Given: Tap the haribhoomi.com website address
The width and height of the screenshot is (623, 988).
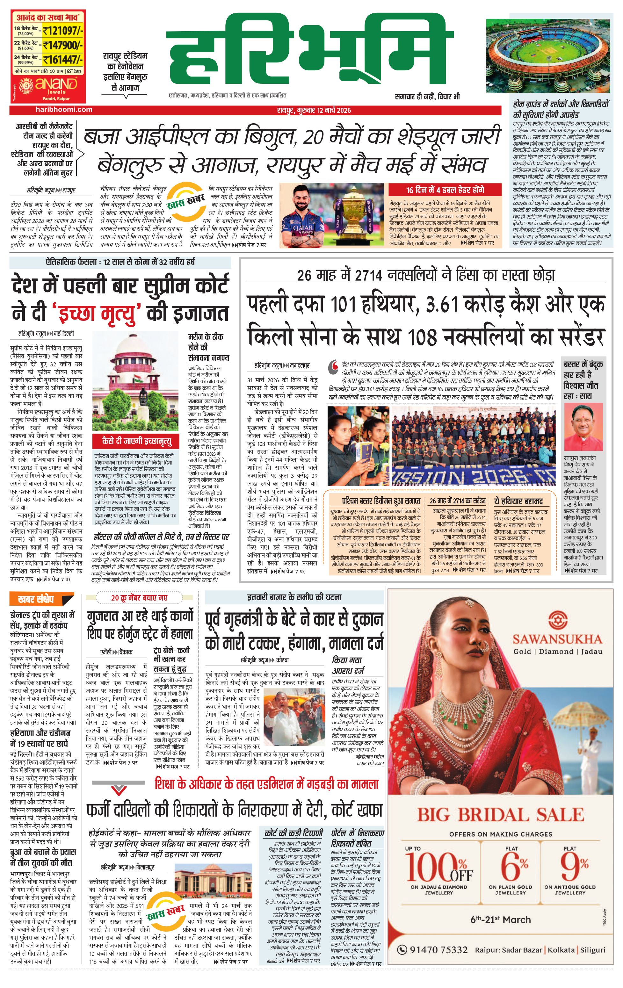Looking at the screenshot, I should [64, 110].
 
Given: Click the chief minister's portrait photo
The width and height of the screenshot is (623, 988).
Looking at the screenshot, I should [583, 427].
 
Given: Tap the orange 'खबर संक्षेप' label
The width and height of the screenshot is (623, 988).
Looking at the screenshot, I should [36, 599].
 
